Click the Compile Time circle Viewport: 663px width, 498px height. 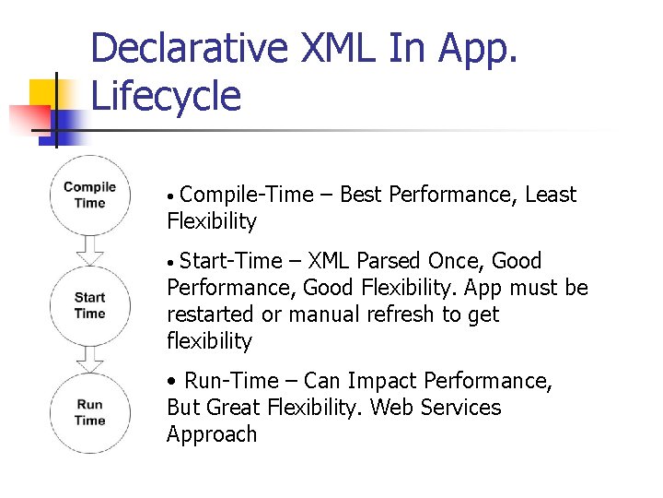[x=89, y=196]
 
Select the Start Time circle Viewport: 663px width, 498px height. [x=89, y=305]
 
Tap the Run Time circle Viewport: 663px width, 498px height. [x=89, y=412]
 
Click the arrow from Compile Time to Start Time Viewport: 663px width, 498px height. [x=89, y=250]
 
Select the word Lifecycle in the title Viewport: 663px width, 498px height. [x=166, y=96]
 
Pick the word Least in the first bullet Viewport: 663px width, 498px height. [x=550, y=195]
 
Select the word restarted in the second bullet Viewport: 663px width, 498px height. [x=211, y=314]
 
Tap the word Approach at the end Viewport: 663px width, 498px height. [x=212, y=434]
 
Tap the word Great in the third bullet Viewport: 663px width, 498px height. [x=234, y=408]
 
